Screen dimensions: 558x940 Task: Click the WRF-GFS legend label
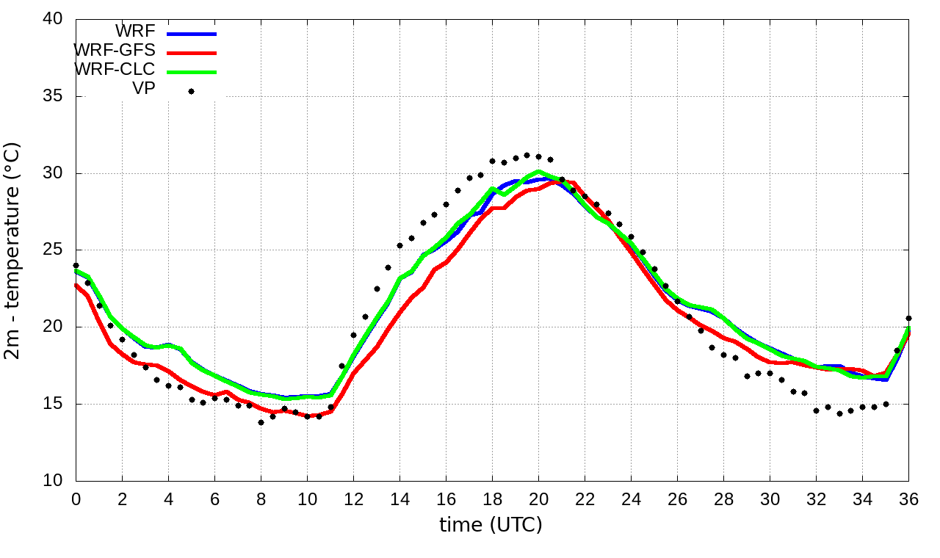tap(115, 51)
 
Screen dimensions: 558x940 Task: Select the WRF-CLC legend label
tap(115, 70)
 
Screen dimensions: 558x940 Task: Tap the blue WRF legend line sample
tap(192, 34)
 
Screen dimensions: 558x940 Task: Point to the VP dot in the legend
tap(191, 91)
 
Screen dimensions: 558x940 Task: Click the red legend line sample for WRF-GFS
tap(192, 53)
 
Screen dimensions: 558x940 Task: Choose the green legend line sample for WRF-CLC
tap(192, 72)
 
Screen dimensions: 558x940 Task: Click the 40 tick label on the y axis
tap(52, 20)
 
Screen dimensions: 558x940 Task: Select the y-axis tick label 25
tap(52, 250)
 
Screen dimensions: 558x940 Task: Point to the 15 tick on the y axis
tap(52, 405)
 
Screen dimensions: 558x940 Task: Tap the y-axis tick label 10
tap(52, 481)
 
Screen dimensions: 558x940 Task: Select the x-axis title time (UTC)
tap(491, 525)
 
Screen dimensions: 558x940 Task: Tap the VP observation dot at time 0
tap(76, 266)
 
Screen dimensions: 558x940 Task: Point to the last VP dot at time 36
tap(908, 319)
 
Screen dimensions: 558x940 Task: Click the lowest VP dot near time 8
tap(261, 422)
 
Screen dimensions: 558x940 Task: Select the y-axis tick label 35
tap(52, 97)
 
